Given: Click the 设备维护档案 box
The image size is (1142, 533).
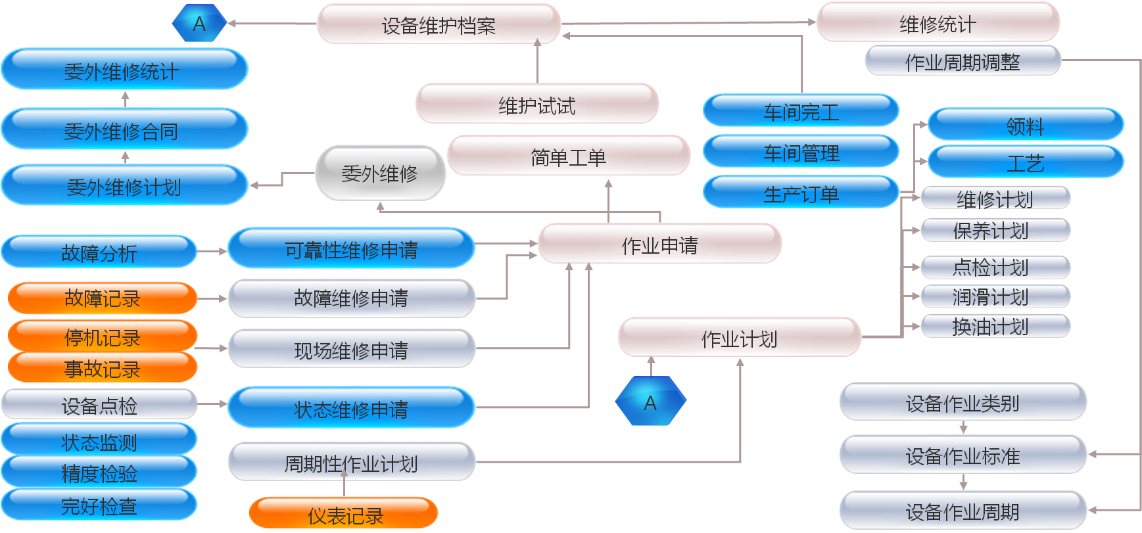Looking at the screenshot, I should tap(439, 24).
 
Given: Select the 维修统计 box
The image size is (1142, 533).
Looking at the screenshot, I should tap(938, 23).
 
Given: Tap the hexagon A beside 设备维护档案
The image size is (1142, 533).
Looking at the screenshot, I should tap(199, 24).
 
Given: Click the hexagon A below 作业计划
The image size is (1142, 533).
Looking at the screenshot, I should tap(650, 402).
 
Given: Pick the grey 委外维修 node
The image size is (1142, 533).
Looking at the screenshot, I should tap(380, 173).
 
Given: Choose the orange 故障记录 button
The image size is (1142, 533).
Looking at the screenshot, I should tap(102, 298).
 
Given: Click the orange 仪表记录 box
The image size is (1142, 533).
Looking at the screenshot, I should tap(345, 515).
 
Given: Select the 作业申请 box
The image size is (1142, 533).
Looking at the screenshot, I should tap(659, 244).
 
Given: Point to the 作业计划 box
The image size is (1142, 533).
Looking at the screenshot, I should tap(739, 338).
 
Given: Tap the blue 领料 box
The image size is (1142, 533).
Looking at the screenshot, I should tap(1025, 126).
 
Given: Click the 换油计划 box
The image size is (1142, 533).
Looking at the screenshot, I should tap(995, 326).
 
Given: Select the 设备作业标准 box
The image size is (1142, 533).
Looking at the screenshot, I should tap(963, 455).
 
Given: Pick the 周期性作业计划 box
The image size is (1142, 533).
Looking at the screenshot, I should tap(351, 463).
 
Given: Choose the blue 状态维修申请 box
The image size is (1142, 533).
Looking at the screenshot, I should tap(351, 409).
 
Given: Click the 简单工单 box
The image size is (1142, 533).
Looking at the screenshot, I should tap(568, 156).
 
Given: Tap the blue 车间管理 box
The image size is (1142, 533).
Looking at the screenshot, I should tap(801, 152).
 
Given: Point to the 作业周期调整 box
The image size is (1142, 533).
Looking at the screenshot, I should tap(963, 62).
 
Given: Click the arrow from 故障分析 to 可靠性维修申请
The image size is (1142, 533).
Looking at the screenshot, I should tap(212, 251).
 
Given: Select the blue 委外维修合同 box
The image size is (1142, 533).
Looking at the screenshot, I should tap(124, 131).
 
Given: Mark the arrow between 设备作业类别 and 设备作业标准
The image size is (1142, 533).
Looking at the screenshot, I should tap(963, 428).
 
